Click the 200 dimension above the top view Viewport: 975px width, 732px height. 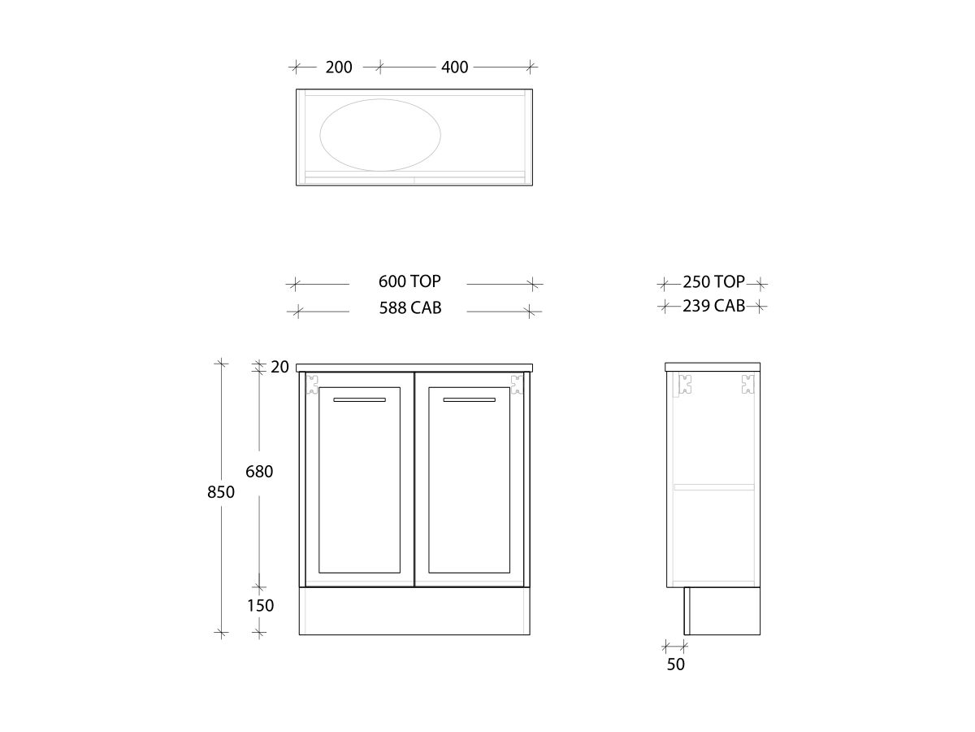(339, 67)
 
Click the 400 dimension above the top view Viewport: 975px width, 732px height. (455, 67)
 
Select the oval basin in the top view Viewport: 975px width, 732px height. (380, 134)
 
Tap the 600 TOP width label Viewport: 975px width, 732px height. (409, 281)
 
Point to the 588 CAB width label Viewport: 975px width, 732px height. (410, 308)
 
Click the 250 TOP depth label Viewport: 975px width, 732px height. (713, 282)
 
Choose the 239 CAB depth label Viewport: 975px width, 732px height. (713, 307)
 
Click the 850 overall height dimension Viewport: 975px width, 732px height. (221, 492)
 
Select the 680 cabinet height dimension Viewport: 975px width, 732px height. (259, 472)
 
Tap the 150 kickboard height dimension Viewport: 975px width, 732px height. (260, 606)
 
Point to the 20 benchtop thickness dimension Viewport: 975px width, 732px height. (279, 367)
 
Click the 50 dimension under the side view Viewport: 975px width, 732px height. (676, 664)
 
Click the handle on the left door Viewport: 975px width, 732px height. (359, 400)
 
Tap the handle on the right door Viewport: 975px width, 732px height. (469, 400)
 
